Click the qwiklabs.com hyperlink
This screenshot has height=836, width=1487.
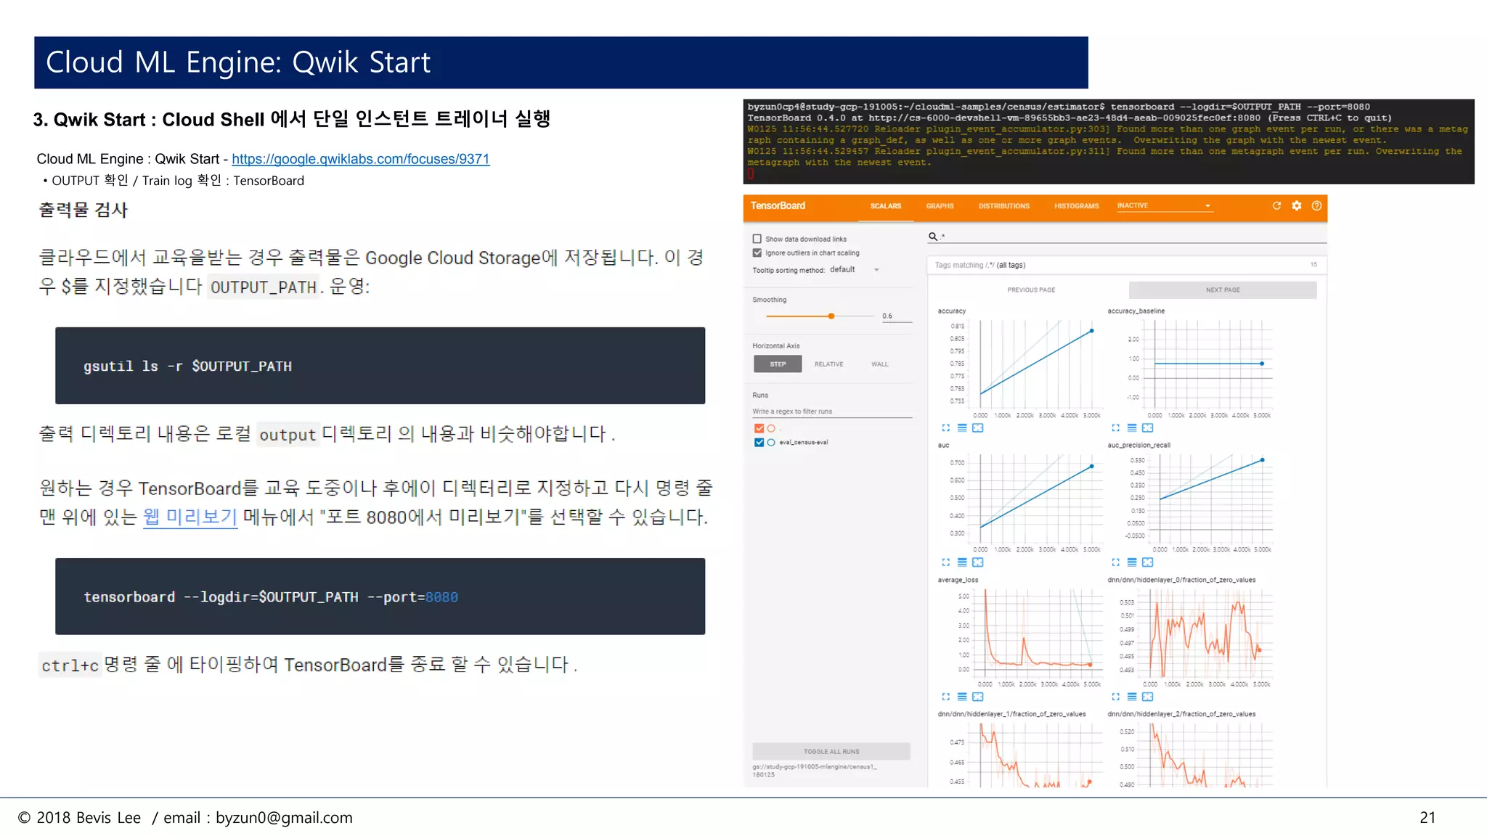tap(360, 159)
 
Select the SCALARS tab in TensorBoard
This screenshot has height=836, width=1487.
tap(885, 206)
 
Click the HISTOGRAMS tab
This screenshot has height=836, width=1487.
tap(1076, 206)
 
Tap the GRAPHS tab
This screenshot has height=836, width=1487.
tap(940, 206)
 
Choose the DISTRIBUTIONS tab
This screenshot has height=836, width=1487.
tap(1003, 206)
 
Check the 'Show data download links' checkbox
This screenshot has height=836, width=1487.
tap(757, 239)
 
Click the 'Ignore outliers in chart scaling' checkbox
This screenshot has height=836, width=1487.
tap(757, 253)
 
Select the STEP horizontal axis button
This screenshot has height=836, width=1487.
tap(778, 364)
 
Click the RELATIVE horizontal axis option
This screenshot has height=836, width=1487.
tap(828, 364)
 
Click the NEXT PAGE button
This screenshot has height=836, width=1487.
tap(1222, 290)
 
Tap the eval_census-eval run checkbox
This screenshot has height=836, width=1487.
tap(759, 443)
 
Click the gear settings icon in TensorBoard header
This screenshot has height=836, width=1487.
tap(1297, 206)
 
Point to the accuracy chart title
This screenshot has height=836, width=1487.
tap(951, 311)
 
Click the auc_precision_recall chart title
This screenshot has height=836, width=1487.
tap(1138, 446)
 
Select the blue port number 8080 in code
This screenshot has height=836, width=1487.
tap(441, 597)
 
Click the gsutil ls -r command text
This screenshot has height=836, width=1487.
tap(187, 366)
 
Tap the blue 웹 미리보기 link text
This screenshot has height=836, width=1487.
tap(190, 517)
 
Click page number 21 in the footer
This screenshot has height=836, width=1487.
tap(1427, 818)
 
